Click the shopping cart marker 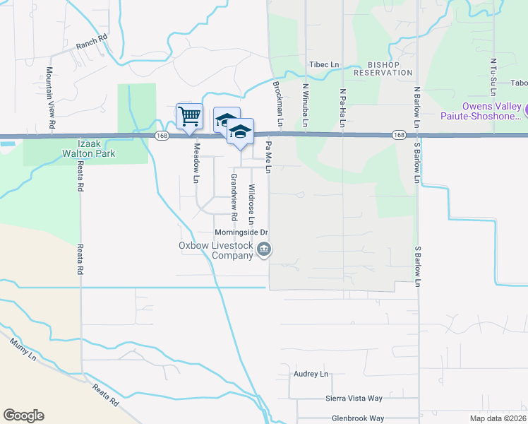tap(189, 115)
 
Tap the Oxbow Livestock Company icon tap(264, 249)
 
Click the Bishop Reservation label tap(383, 67)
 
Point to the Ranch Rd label tap(91, 45)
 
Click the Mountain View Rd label tap(51, 98)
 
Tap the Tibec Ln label tap(325, 64)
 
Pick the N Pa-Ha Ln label tap(343, 108)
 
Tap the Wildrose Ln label tap(251, 201)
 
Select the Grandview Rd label tap(233, 196)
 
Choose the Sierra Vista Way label tap(353, 399)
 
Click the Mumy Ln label tap(21, 351)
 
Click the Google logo tap(23, 416)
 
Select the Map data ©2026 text tap(497, 418)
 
